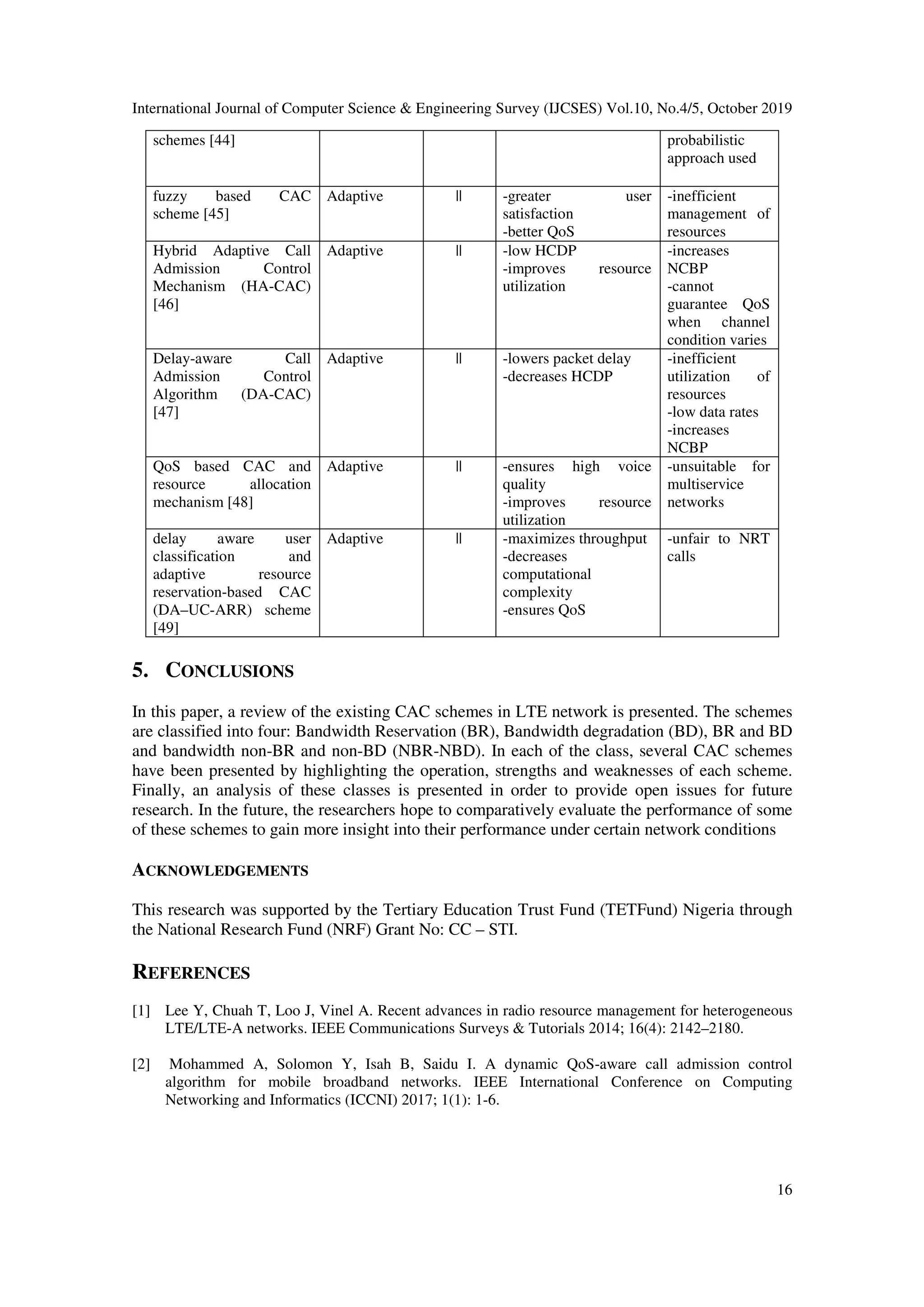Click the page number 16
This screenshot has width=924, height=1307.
click(x=784, y=1190)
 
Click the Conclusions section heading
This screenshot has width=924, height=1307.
click(x=213, y=671)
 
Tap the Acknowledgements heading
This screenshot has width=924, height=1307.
click(x=220, y=870)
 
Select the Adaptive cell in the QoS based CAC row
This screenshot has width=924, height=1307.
click(x=355, y=467)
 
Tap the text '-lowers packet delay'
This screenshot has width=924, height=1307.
click(x=567, y=359)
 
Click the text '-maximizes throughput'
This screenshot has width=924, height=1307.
click(x=574, y=538)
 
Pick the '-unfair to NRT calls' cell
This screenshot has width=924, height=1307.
click(x=718, y=547)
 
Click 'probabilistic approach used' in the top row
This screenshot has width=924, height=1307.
click(x=711, y=149)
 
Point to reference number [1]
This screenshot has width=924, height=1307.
click(x=141, y=1011)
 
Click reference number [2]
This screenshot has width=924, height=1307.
click(x=141, y=1064)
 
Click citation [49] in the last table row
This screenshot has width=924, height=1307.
click(x=165, y=628)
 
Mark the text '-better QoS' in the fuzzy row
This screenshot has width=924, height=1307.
click(x=538, y=232)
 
